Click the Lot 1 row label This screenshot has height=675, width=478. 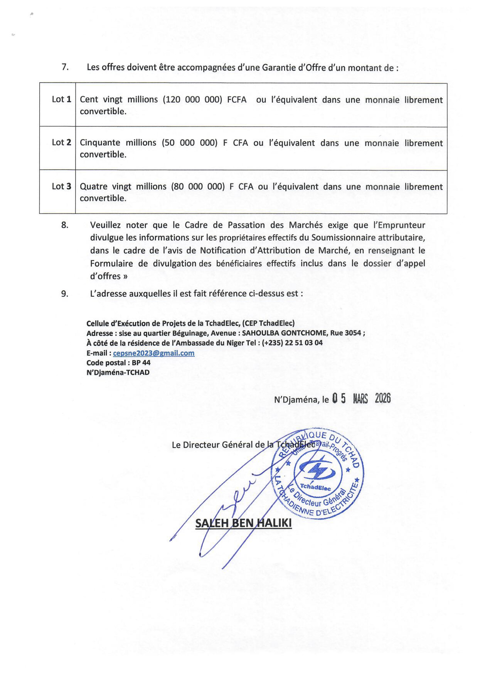pyautogui.click(x=61, y=99)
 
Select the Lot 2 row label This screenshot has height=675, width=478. pyautogui.click(x=61, y=143)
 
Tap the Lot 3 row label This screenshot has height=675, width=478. pyautogui.click(x=61, y=186)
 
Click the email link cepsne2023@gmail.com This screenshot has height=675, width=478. pyautogui.click(x=154, y=353)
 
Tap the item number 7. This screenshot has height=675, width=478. pyautogui.click(x=65, y=67)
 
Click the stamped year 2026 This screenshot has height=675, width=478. pyautogui.click(x=383, y=399)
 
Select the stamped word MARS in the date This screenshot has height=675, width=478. pyautogui.click(x=360, y=399)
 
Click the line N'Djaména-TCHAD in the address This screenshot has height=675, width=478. pyautogui.click(x=118, y=372)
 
